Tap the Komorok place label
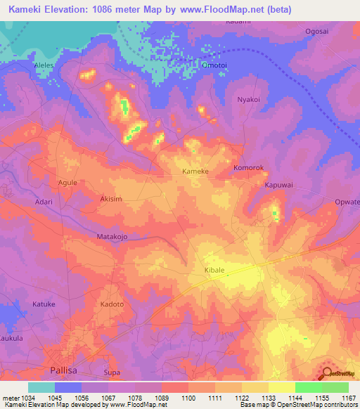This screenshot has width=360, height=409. tap(248, 169)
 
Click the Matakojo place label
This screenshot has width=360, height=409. tap(112, 237)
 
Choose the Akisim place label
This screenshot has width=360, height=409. tap(111, 199)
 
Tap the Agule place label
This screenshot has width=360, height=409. tap(67, 181)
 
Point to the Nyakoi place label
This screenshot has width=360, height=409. tap(249, 100)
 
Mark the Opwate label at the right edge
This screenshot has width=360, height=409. tap(347, 202)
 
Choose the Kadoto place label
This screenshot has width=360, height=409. tap(112, 304)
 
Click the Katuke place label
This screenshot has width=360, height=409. tap(44, 304)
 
